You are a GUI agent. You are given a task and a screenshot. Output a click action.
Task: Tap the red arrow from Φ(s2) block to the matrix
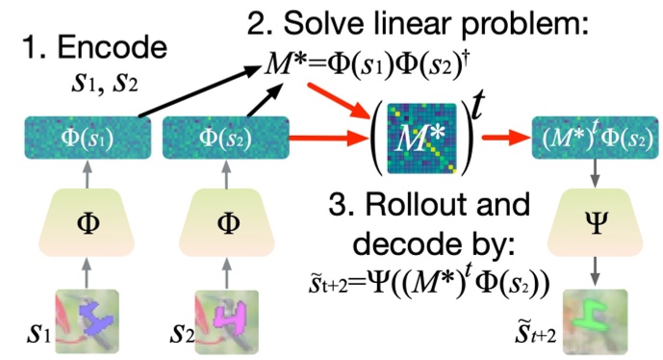click(322, 138)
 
